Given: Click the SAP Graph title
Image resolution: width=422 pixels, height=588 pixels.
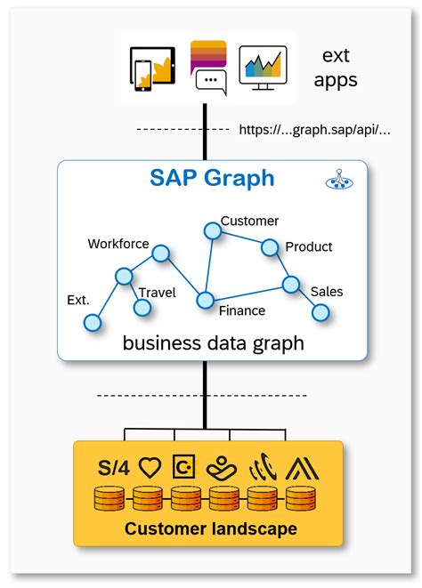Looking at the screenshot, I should (211, 178).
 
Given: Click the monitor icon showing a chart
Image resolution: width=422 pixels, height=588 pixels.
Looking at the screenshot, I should (264, 68).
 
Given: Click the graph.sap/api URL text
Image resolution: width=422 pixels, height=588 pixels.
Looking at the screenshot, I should (314, 130).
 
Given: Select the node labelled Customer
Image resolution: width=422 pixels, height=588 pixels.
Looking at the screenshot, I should (212, 231).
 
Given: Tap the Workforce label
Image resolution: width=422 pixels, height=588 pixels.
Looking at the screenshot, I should (118, 244).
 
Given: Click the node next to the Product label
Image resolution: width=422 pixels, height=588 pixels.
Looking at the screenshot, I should (270, 247).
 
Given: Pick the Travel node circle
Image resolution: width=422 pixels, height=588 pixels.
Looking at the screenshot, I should (142, 308).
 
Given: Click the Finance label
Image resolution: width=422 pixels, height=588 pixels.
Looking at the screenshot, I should (241, 310).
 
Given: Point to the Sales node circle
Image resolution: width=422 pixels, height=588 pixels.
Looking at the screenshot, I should (321, 312).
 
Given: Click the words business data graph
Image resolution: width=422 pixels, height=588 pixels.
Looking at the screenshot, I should (213, 342).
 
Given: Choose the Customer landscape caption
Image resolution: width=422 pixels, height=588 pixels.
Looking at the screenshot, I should (211, 529).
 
